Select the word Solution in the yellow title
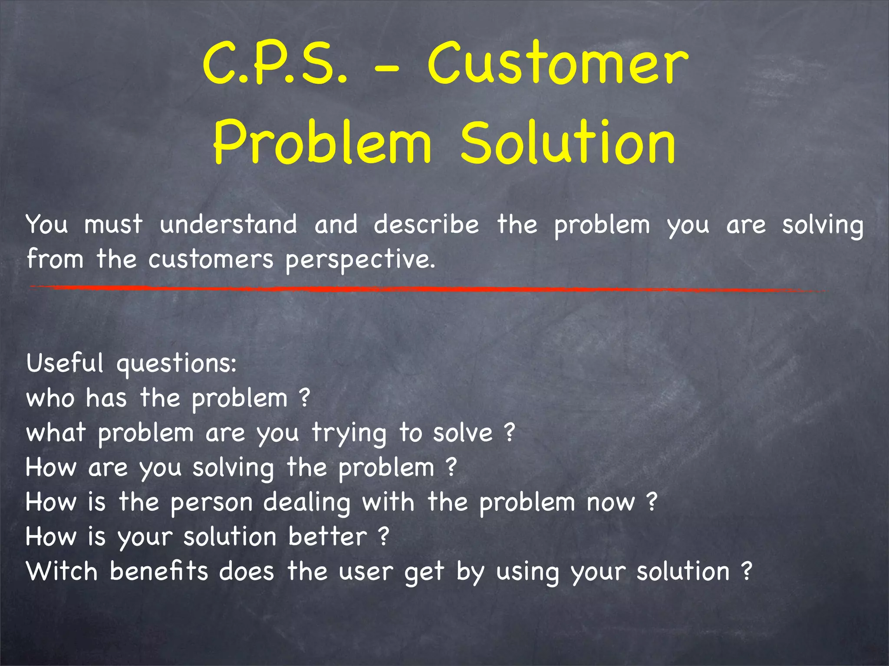coord(567,143)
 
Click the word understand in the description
coord(228,225)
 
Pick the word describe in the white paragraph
coord(426,225)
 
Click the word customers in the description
coord(211,259)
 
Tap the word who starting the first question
coord(50,398)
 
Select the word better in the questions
coord(328,537)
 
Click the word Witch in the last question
coord(62,571)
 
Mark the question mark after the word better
coord(383,537)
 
